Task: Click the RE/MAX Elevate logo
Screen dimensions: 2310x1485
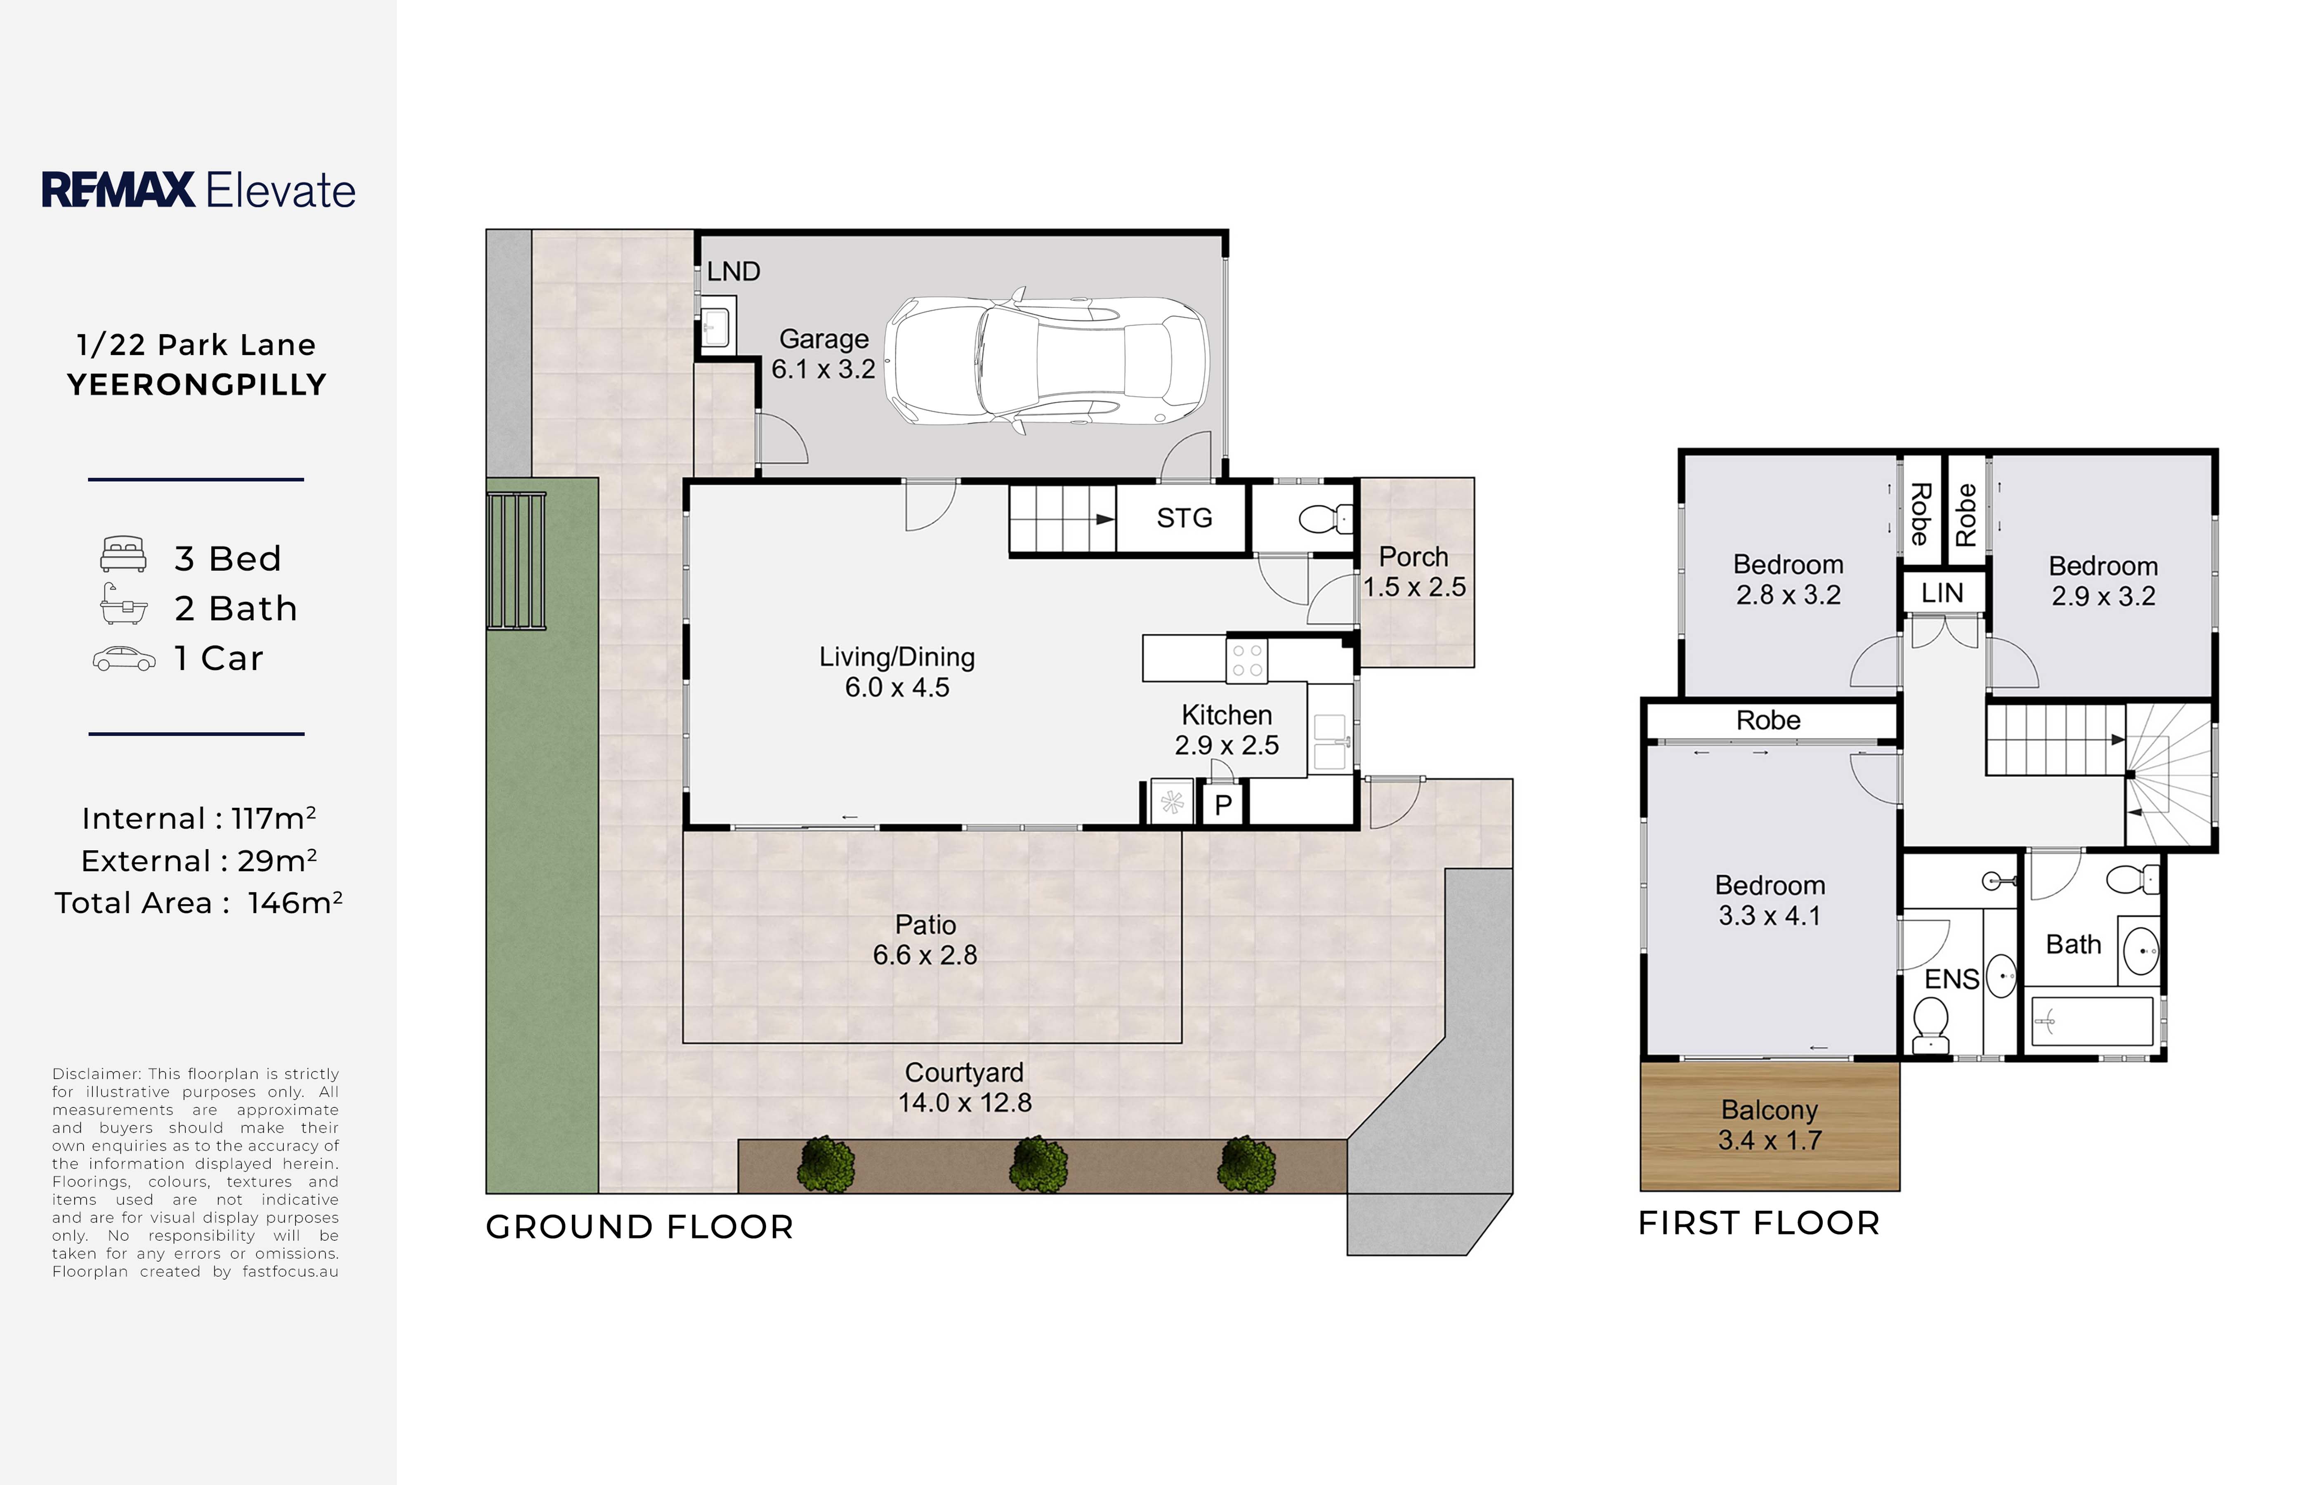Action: [198, 190]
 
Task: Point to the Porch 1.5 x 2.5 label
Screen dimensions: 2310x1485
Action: [1414, 572]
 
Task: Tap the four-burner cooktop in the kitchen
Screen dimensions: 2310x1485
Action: [1247, 660]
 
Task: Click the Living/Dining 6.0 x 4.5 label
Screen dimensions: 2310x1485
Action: [897, 672]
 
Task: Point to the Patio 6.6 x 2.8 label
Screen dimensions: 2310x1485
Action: [925, 939]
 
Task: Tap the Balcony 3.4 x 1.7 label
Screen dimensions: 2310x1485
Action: [1770, 1125]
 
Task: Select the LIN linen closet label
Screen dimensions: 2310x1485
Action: [1942, 593]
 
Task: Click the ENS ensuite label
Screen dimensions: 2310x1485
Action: [1951, 980]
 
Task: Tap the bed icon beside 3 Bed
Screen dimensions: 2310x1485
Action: [123, 554]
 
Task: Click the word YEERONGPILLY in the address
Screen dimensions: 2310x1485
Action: [197, 385]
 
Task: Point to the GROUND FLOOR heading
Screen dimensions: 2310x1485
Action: [639, 1227]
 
